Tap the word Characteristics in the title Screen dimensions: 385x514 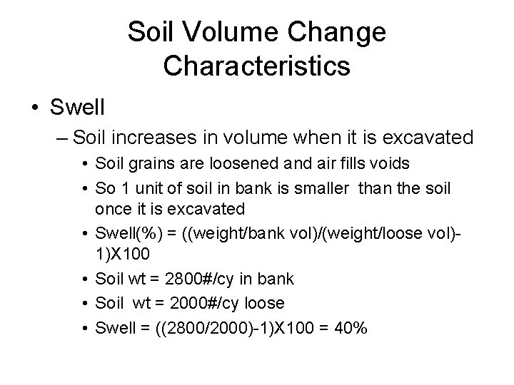pos(256,66)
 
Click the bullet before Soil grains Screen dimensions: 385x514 pos(86,164)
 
